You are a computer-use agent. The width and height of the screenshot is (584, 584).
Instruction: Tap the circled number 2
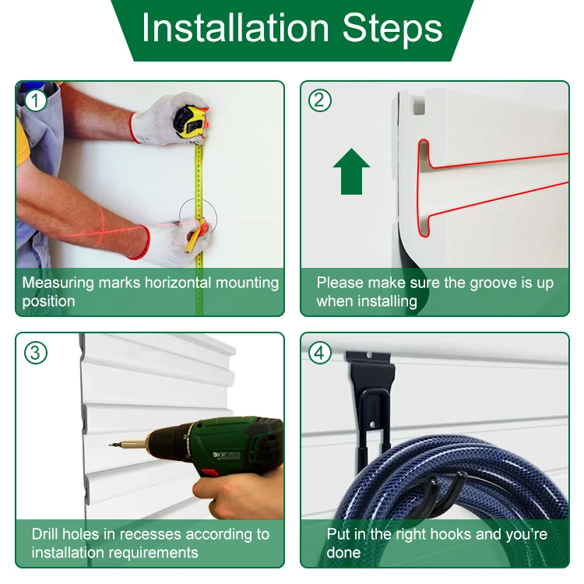click(x=320, y=100)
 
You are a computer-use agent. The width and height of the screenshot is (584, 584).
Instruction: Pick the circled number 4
click(x=320, y=352)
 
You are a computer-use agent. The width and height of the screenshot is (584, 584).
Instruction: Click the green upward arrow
click(x=351, y=171)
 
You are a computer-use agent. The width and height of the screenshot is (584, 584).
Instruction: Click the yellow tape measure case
click(x=190, y=121)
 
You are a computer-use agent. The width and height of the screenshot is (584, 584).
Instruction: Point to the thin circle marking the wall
click(x=197, y=216)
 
